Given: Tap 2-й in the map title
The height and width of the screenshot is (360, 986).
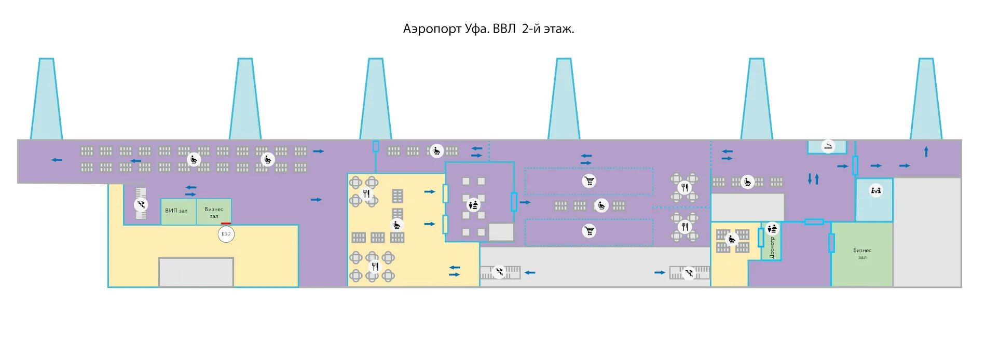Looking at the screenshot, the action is click(x=531, y=29).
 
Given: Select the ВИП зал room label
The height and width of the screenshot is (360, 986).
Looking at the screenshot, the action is click(x=176, y=211).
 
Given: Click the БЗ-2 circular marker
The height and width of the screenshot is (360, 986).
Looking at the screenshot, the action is click(x=226, y=234).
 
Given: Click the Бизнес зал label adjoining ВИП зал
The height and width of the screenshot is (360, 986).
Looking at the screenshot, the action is click(x=214, y=212).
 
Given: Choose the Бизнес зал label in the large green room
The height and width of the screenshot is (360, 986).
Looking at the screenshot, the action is click(x=862, y=254).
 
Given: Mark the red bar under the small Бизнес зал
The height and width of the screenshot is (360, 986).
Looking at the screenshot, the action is click(x=226, y=224).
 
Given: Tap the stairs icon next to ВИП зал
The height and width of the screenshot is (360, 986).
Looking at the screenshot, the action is click(x=141, y=204).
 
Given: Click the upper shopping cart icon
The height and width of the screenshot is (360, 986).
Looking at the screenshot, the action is click(x=589, y=181).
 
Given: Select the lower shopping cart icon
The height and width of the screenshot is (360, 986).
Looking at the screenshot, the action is click(x=589, y=231).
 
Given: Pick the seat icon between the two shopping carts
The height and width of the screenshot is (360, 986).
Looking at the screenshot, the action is click(x=601, y=205).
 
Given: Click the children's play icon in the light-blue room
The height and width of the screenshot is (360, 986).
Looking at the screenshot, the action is click(x=876, y=190).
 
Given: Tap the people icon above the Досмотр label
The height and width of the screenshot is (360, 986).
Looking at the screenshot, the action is click(x=772, y=228).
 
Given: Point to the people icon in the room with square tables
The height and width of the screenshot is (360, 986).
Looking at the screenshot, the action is click(x=473, y=204).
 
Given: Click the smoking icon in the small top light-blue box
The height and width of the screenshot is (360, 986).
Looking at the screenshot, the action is click(x=828, y=146).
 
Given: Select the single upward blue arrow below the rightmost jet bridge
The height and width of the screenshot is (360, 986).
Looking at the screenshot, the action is click(x=926, y=152).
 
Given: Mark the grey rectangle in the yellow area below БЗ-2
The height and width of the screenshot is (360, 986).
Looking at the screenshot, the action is click(x=196, y=272).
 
